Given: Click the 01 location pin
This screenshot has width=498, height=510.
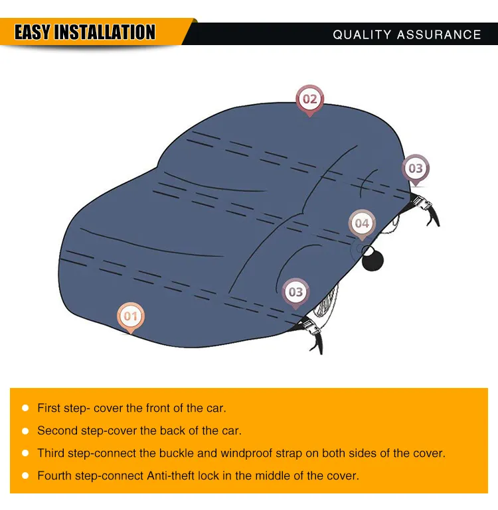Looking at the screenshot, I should (130, 316).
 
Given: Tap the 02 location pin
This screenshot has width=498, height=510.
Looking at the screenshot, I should (309, 99).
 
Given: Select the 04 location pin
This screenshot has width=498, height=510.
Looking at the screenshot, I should (362, 223).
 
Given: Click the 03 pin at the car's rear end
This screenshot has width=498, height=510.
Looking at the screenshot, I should (416, 168).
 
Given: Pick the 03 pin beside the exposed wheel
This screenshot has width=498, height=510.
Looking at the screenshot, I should (295, 292).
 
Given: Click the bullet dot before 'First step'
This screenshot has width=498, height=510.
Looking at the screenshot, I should (25, 409).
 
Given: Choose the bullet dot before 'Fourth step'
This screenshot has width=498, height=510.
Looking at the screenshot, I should (25, 476).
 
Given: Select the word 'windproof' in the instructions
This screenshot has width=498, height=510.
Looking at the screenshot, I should (247, 454).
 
